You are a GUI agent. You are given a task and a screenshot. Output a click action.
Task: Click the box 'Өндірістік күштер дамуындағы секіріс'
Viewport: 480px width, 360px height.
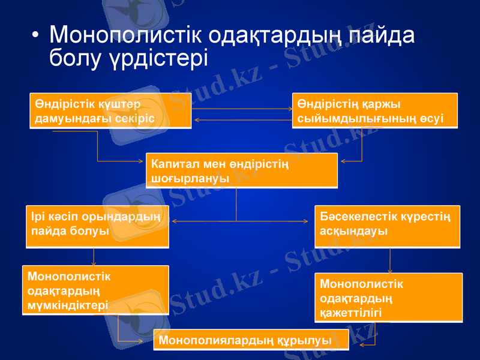(x=110, y=111)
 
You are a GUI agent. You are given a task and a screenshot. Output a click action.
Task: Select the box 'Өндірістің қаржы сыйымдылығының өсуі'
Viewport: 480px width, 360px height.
(x=374, y=110)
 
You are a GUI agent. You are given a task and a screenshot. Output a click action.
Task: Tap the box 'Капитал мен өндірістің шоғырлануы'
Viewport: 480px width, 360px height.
(x=241, y=170)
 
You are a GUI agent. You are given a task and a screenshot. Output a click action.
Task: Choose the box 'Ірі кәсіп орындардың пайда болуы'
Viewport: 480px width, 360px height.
(x=97, y=227)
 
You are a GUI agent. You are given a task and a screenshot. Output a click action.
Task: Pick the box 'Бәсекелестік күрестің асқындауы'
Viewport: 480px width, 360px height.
(x=387, y=227)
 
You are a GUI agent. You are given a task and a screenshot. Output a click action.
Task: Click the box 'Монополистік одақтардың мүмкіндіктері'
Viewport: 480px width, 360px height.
(x=95, y=290)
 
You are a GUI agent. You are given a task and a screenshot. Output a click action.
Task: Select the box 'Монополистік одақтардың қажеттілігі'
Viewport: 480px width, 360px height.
(x=389, y=298)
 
